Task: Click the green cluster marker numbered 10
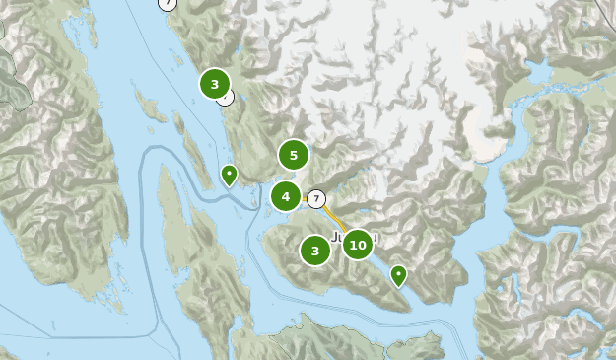357,245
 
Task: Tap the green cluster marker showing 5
293,155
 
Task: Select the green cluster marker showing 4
286,196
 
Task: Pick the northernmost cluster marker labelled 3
215,84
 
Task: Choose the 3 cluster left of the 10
315,251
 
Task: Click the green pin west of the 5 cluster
229,176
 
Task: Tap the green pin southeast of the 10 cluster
398,275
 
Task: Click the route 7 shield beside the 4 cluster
315,199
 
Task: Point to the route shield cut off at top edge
168,3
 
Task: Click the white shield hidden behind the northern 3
227,97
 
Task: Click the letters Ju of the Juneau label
338,238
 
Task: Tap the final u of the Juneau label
376,238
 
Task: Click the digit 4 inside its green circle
286,196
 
